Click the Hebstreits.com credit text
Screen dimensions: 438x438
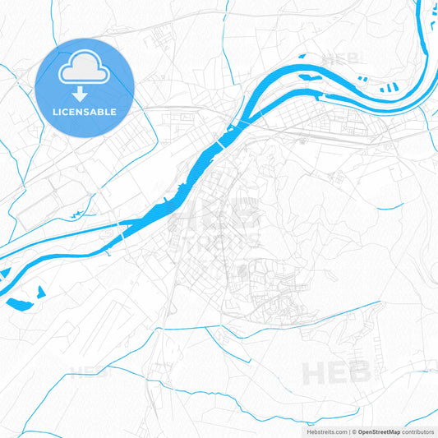[x=324, y=431]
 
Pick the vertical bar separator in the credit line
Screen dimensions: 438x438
[x=349, y=431]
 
